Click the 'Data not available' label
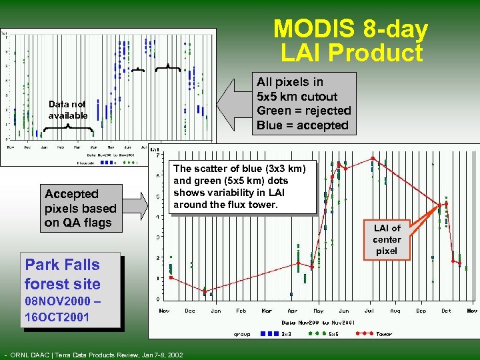[x=67, y=109]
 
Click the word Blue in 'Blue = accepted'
[x=271, y=125]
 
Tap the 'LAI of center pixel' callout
[x=387, y=239]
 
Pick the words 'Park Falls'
[x=62, y=265]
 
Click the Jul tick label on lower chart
[x=369, y=311]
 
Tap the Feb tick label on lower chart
[x=241, y=311]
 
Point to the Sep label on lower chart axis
[x=421, y=311]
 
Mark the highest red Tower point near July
[x=372, y=158]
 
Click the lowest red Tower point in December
[x=205, y=291]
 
